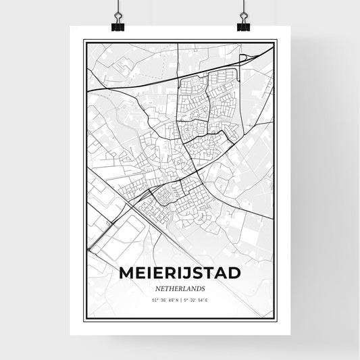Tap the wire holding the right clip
[242, 8]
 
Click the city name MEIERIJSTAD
[179, 272]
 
